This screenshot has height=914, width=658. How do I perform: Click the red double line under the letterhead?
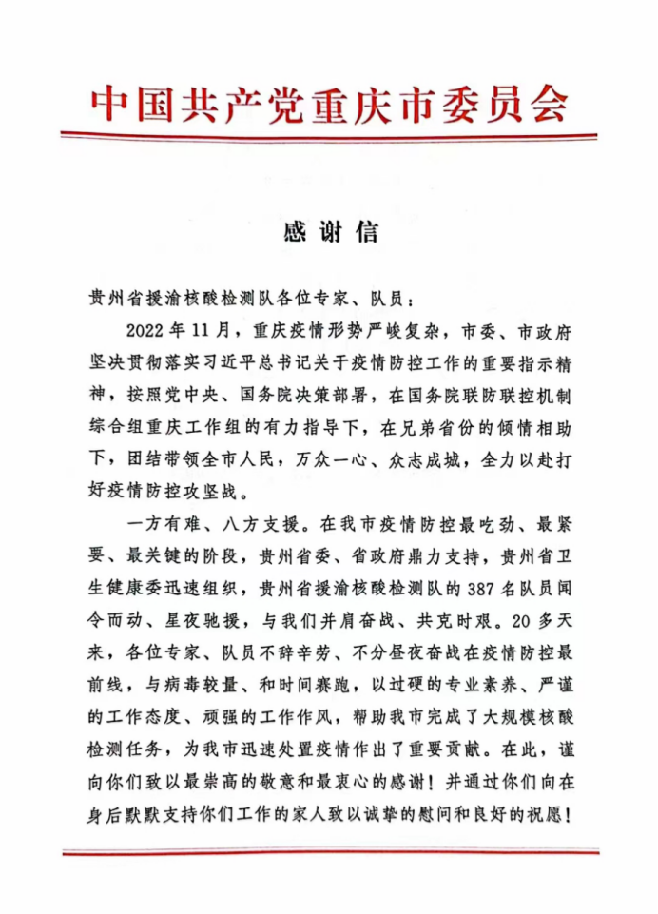point(329,137)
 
